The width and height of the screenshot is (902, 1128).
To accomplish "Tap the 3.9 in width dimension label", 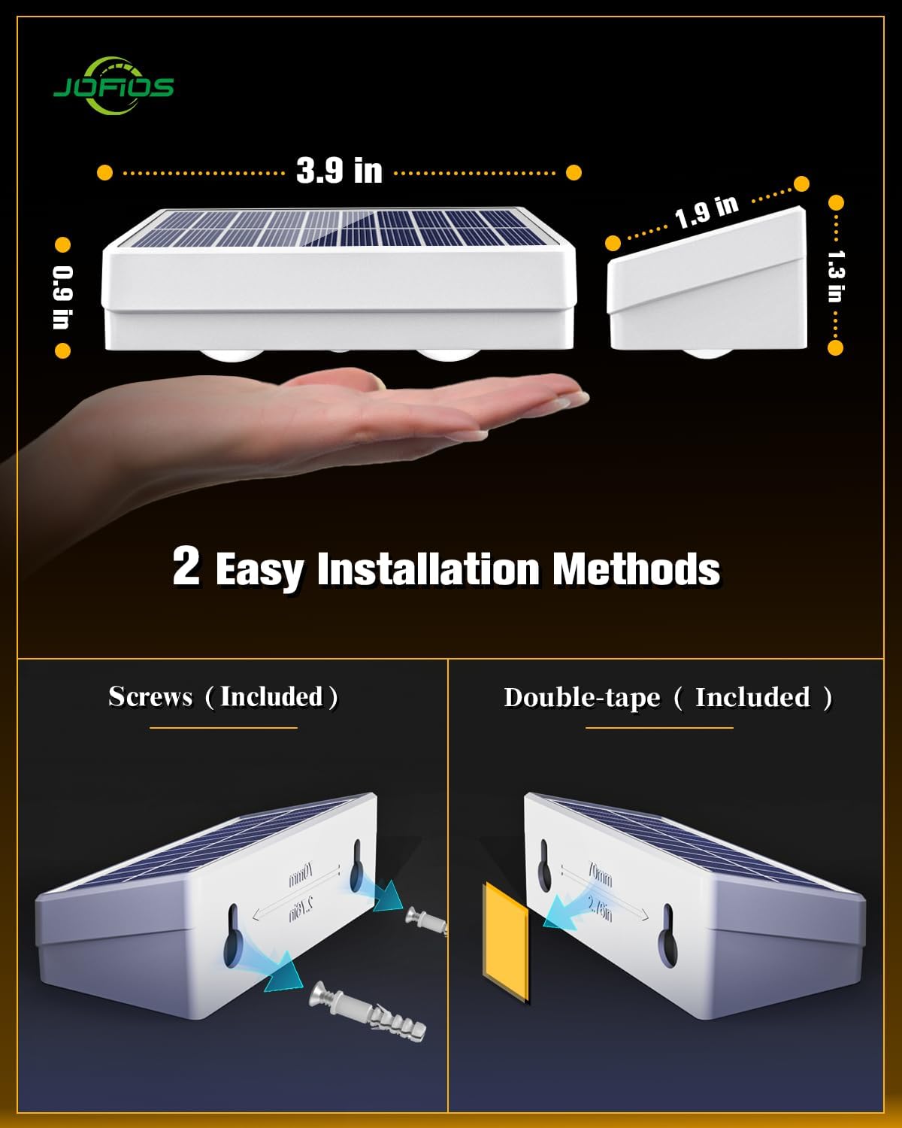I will [339, 171].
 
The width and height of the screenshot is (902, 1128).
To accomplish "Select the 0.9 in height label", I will [62, 298].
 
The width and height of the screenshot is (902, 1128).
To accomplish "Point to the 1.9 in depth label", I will [707, 212].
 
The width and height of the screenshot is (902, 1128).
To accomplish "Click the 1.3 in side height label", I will [835, 275].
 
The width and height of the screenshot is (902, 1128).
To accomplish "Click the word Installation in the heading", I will [428, 569].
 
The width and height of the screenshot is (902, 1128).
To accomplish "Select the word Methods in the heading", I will [636, 569].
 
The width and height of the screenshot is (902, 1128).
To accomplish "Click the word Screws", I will [150, 696].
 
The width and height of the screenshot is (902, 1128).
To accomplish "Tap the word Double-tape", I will [582, 697].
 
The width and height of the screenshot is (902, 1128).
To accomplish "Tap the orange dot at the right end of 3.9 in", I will [574, 172].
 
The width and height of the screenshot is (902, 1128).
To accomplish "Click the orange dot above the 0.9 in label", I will [62, 245].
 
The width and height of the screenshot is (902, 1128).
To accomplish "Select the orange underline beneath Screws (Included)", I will [223, 728].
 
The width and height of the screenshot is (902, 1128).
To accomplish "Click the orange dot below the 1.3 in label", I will [835, 347].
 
